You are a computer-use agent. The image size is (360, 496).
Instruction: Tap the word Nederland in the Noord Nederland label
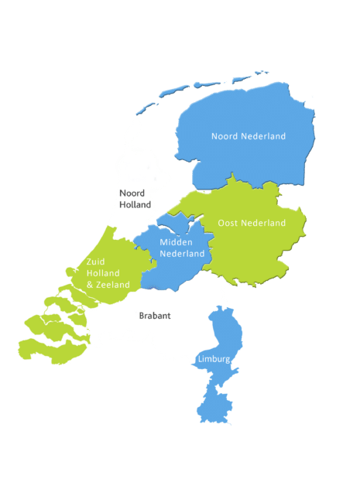point(263,136)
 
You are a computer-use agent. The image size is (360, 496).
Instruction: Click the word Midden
point(176,242)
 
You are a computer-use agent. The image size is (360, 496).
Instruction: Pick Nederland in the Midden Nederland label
point(182,254)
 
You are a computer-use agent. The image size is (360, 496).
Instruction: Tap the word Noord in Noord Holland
point(132,193)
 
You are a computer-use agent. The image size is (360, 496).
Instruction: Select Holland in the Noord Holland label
point(135,204)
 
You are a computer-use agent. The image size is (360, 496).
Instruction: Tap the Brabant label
point(154,316)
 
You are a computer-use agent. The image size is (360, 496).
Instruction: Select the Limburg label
point(213,359)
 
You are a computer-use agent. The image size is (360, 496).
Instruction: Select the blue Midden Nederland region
point(166,271)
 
